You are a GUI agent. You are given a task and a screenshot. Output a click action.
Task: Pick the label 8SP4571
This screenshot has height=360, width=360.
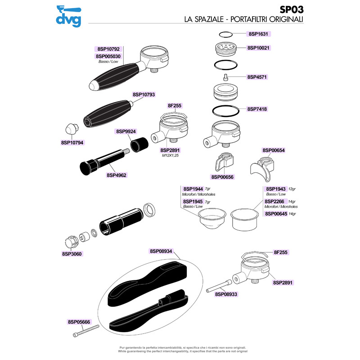point(257,77)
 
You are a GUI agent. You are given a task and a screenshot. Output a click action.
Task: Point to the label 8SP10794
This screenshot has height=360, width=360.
point(72,142)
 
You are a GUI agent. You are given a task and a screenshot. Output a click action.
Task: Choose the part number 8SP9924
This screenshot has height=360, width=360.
point(126,132)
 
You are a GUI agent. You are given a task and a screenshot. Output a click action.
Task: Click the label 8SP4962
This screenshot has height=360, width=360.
point(117,175)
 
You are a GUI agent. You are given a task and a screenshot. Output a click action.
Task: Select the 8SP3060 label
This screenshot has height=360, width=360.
point(72,254)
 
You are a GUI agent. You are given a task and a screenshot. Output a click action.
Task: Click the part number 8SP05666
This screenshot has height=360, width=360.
point(79,322)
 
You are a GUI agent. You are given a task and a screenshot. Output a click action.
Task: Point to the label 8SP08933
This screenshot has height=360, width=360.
point(227,294)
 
